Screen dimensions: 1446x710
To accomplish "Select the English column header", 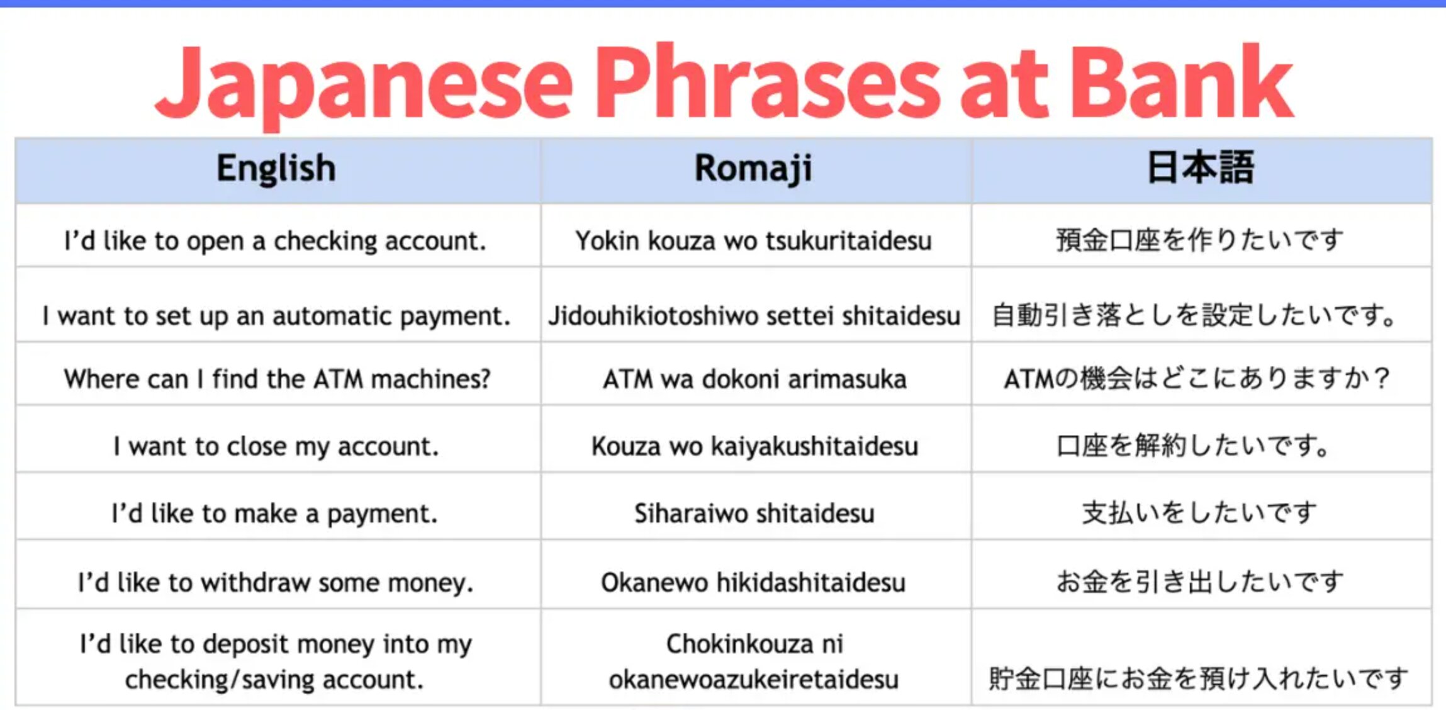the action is pos(276,169).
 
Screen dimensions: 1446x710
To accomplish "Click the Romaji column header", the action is pos(753,169).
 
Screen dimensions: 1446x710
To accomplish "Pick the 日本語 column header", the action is pos(1201,167).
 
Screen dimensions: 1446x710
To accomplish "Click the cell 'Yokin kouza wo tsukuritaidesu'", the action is pos(753,240).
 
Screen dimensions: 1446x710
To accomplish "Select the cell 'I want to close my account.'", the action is pos(276,446).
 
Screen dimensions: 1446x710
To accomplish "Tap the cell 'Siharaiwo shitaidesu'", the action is pos(754,514).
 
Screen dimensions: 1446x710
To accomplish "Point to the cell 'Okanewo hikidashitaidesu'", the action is pos(753,582).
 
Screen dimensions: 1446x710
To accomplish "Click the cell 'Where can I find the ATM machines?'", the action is pos(277,379).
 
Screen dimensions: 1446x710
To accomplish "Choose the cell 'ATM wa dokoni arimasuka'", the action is pos(754,379).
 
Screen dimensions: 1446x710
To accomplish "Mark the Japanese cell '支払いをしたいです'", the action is pos(1199,513).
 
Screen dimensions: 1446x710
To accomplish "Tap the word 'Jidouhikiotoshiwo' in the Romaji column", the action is pos(653,316).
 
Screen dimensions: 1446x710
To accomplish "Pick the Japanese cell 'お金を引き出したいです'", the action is pos(1199,582).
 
